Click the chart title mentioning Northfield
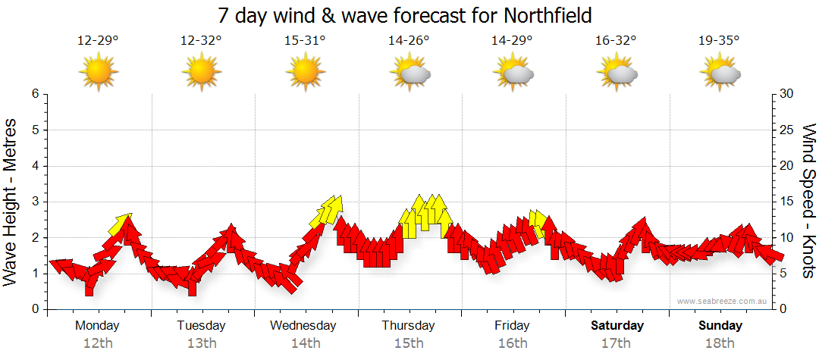[x=404, y=15]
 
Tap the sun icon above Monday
[x=98, y=74]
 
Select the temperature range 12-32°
[x=201, y=41]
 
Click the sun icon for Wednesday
[x=305, y=74]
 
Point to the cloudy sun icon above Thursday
[x=409, y=74]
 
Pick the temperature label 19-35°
[x=719, y=41]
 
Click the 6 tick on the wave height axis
[x=35, y=94]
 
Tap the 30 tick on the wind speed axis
[x=787, y=94]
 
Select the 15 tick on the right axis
[x=787, y=202]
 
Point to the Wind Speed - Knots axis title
[x=808, y=201]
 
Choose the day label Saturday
[x=617, y=326]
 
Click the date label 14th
[x=305, y=343]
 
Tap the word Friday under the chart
[x=512, y=326]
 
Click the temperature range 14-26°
[x=409, y=41]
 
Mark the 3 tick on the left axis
[x=35, y=202]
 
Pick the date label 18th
[x=720, y=343]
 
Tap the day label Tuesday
[x=201, y=326]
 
